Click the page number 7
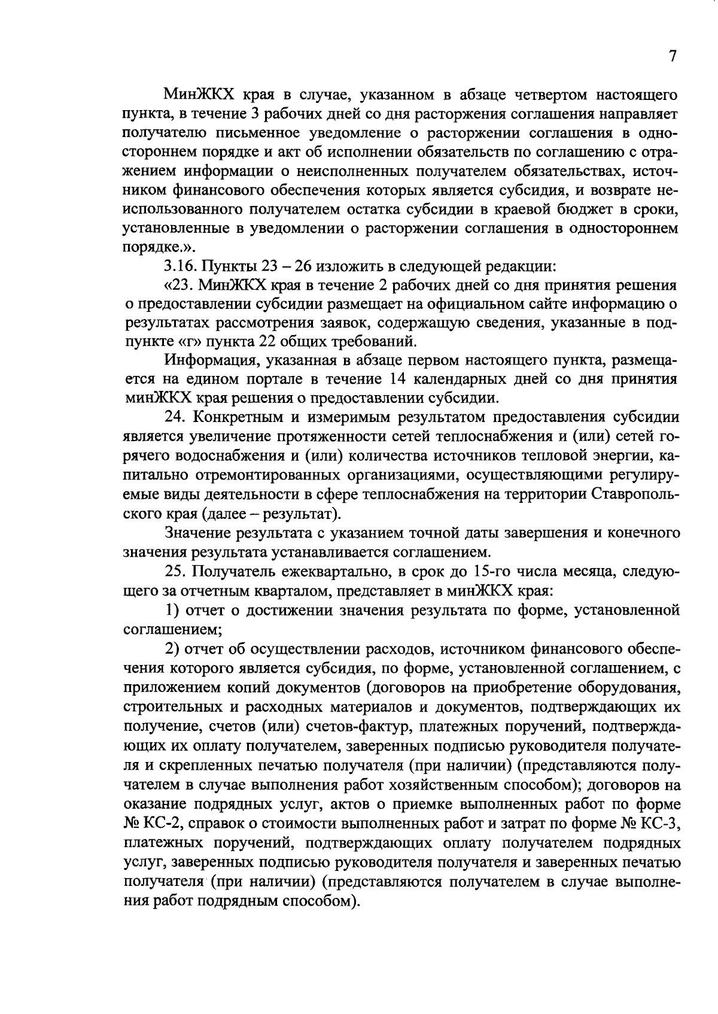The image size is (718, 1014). [x=672, y=56]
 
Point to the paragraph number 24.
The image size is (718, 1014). [x=175, y=417]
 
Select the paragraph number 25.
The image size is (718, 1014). [x=175, y=572]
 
